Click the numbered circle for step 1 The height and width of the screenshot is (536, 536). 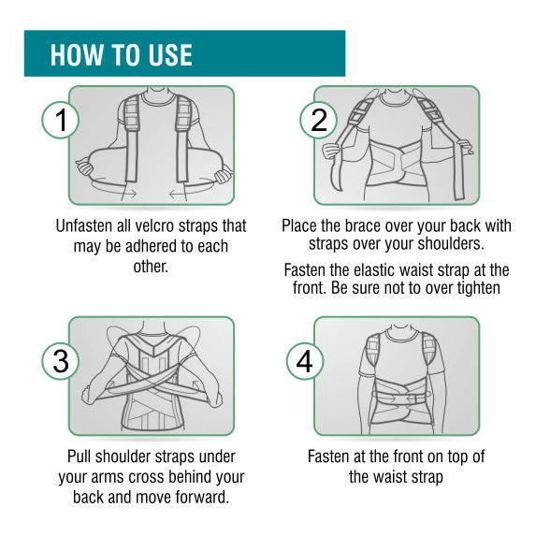61,120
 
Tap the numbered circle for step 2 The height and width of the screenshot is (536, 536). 319,120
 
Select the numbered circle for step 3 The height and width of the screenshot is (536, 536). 61,361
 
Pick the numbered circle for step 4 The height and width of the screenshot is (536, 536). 305,361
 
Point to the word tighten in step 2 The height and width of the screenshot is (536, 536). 479,287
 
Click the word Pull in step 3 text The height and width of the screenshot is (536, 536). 80,456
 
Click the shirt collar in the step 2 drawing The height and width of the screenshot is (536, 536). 397,99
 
